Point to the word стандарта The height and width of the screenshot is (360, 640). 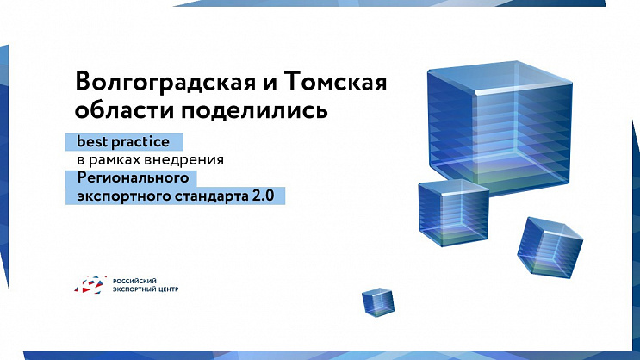click(203, 196)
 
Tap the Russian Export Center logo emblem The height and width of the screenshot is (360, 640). click(90, 285)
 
